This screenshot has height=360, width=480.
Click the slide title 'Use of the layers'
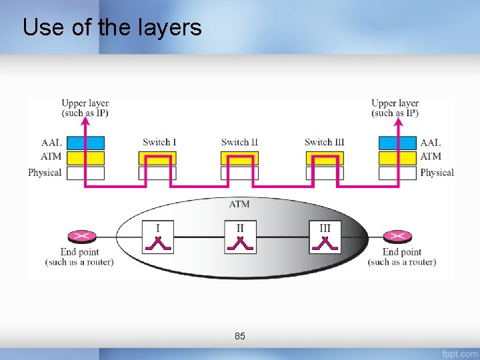coord(112,27)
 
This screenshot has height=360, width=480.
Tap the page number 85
coord(240,336)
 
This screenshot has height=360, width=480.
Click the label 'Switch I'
coord(159,142)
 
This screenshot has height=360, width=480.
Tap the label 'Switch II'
coord(239,142)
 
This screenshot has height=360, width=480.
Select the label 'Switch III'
coord(325,142)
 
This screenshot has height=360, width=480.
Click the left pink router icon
coord(81,236)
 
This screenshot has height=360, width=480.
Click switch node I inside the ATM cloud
coord(158,238)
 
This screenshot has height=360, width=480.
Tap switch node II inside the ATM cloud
coord(240,238)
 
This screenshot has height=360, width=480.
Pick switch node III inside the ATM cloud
coord(325,238)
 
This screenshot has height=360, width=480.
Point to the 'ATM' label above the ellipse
coord(239,204)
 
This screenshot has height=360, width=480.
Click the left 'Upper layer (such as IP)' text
coord(85,108)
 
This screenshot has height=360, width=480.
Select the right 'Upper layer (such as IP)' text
coord(395,108)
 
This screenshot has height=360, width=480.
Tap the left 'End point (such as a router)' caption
coord(79,257)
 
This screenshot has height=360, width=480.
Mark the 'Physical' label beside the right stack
coord(437,173)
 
